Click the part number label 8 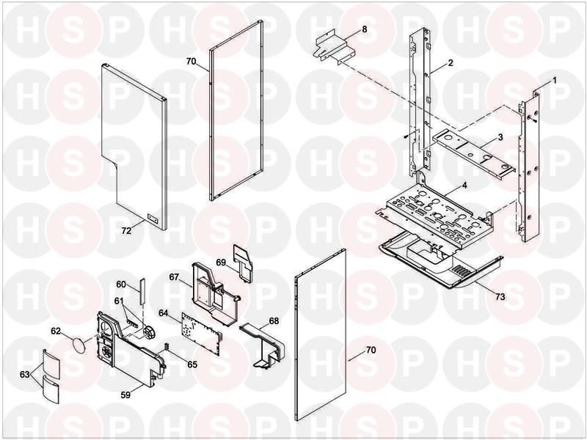coord(364,29)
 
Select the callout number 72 coord(126,230)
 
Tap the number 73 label coord(500,297)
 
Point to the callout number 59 coord(464,186)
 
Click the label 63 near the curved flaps coord(25,374)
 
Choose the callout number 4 coord(464,186)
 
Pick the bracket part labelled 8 coord(334,47)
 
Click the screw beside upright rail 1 coord(533,119)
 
